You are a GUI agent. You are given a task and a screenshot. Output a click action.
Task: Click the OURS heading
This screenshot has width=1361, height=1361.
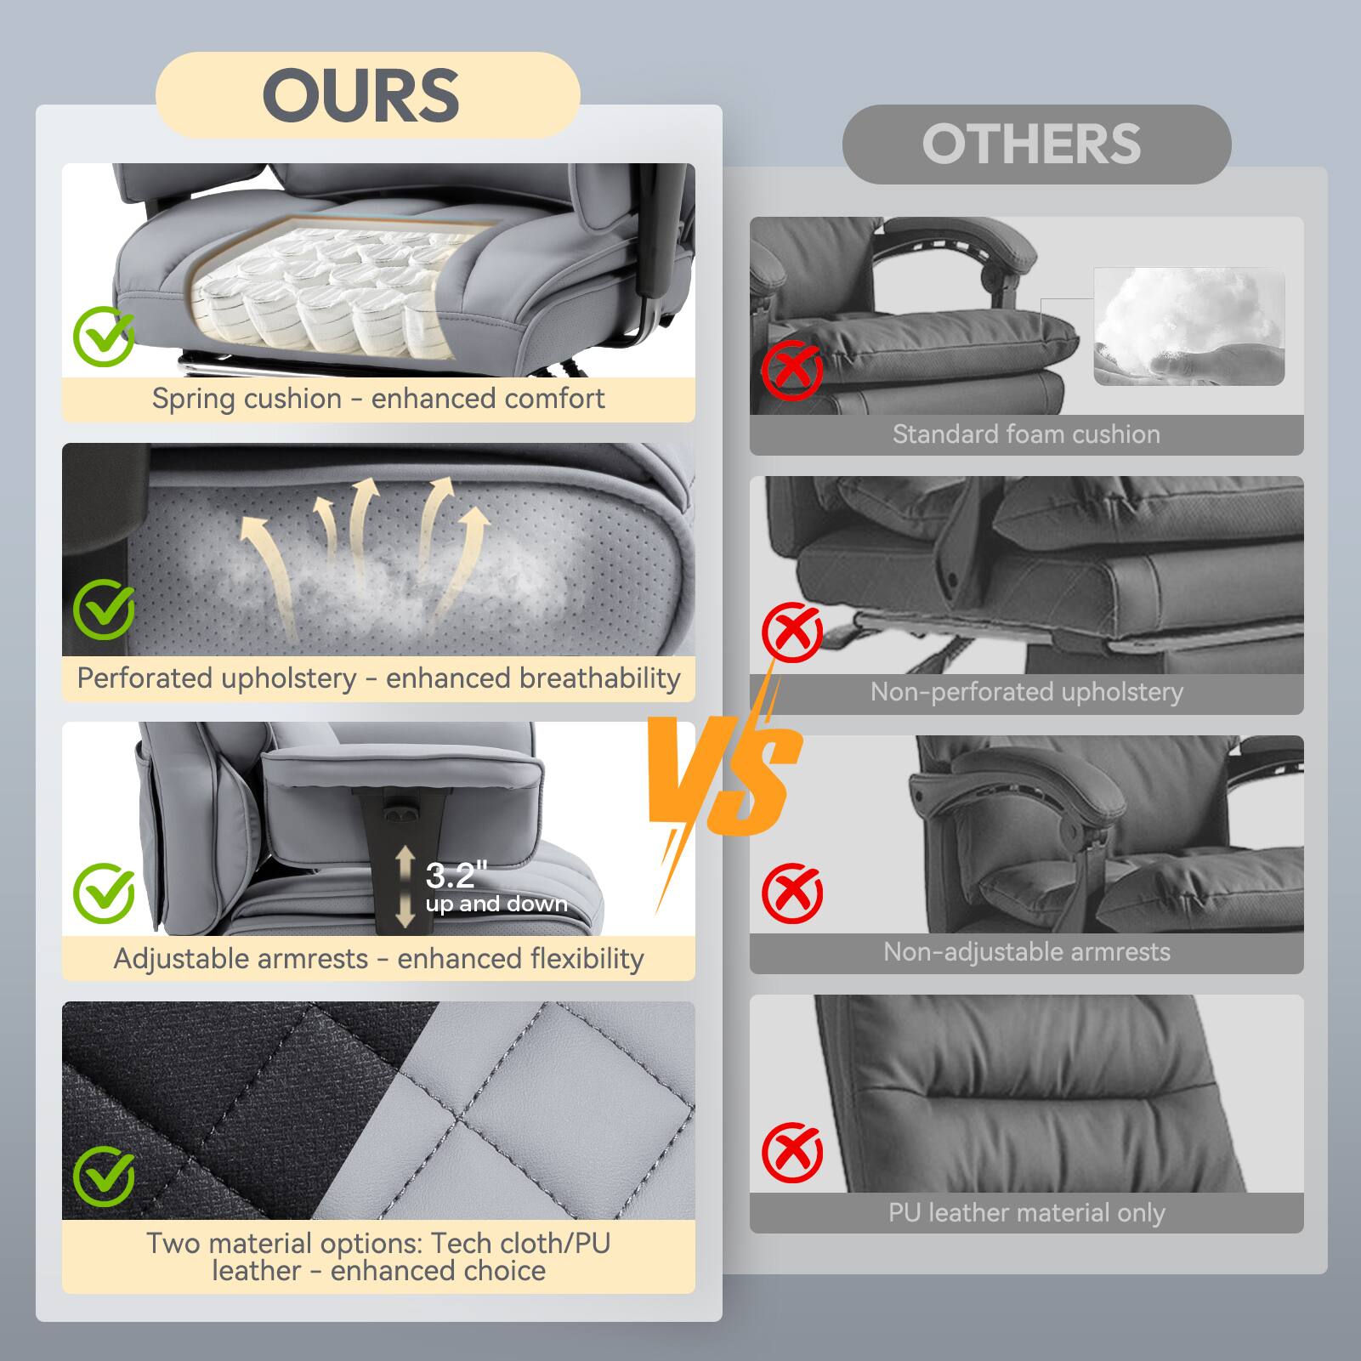361,94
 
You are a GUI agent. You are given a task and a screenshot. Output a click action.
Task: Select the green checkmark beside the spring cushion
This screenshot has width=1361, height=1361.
104,336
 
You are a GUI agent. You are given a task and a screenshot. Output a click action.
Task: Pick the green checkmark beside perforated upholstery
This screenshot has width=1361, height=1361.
104,610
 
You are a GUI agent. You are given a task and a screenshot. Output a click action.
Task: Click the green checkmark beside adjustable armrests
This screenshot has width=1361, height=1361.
104,893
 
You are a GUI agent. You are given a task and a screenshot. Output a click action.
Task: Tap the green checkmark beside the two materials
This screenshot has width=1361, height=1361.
104,1176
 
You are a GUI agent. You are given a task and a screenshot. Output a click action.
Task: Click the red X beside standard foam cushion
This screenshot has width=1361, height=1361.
791,370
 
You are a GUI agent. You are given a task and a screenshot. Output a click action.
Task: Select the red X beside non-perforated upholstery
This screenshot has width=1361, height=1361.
791,632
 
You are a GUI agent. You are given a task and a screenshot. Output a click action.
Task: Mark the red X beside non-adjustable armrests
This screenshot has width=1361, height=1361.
791,893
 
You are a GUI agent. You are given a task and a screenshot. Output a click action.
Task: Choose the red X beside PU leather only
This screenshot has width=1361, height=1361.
791,1153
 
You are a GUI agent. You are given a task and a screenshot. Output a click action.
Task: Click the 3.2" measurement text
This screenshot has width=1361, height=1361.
457,875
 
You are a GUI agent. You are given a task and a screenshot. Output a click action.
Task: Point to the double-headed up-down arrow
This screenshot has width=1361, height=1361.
405,887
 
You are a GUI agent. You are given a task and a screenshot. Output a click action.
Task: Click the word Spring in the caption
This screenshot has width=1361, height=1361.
189,398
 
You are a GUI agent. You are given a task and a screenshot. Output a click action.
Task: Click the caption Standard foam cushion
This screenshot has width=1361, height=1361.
1026,434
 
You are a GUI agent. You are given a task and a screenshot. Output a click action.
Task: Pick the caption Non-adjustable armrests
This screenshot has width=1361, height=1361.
1026,952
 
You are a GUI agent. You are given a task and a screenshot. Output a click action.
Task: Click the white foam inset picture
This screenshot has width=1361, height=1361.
1188,326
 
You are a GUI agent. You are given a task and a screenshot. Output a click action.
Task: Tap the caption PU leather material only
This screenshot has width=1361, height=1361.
1026,1213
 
